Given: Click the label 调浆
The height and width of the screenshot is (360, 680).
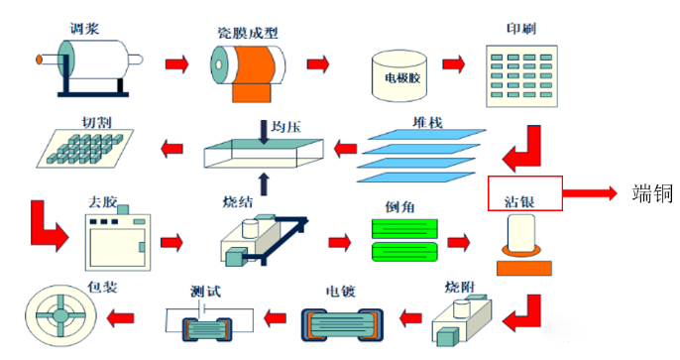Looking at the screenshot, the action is [84, 29].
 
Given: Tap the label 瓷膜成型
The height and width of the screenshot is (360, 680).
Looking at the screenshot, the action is [248, 33].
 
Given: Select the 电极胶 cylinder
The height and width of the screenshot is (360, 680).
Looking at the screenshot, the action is [399, 76].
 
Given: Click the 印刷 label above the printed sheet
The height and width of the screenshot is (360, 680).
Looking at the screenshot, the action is [521, 29].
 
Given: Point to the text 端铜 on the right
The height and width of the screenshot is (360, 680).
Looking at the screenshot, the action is [652, 193].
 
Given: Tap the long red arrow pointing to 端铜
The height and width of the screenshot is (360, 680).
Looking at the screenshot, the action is [590, 193].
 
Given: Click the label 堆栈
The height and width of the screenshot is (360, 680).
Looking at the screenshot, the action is [427, 123].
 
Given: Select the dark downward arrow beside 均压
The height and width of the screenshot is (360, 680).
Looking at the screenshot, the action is [264, 132].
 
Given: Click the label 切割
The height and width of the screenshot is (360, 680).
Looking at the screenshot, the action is [97, 123].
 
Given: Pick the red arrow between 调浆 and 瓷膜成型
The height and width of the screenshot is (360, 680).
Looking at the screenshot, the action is [176, 64].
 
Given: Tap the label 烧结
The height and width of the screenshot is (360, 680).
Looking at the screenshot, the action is [238, 201].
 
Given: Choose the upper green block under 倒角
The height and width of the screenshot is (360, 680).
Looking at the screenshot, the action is [404, 229].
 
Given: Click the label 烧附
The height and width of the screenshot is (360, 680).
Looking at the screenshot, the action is [460, 287].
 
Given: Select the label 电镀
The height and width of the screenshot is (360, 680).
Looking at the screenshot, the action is [340, 291].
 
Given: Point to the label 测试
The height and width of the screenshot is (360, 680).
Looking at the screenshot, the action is [205, 291].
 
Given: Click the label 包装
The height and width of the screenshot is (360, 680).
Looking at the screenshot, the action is [102, 287].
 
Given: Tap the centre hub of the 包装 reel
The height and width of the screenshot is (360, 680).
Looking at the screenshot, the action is [60, 315].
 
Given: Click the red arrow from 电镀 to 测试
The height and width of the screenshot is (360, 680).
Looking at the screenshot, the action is [276, 318].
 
